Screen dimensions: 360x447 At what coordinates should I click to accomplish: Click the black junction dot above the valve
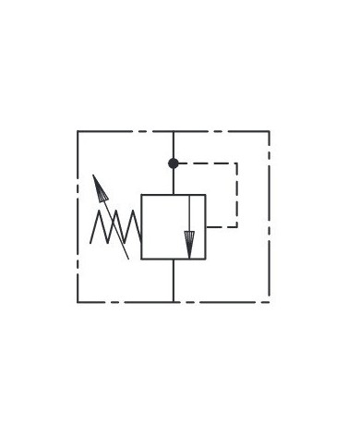[174, 163]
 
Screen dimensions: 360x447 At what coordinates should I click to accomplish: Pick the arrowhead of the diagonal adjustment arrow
[96, 181]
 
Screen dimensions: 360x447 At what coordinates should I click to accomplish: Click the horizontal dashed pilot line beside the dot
[208, 163]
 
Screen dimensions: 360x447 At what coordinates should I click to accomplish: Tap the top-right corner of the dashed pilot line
[238, 163]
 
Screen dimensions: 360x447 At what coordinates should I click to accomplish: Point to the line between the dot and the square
[174, 180]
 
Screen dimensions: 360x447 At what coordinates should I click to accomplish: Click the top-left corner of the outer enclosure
[78, 131]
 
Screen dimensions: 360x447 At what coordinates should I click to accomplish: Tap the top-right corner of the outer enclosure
[270, 131]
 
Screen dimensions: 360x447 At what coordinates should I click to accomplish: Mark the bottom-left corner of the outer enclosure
[78, 301]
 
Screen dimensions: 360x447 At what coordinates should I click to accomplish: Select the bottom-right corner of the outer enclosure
[270, 301]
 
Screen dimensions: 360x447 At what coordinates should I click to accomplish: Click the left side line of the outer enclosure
[78, 216]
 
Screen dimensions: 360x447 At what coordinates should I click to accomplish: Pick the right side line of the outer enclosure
[270, 216]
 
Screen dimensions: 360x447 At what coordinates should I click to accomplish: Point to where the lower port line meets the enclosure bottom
[174, 301]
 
